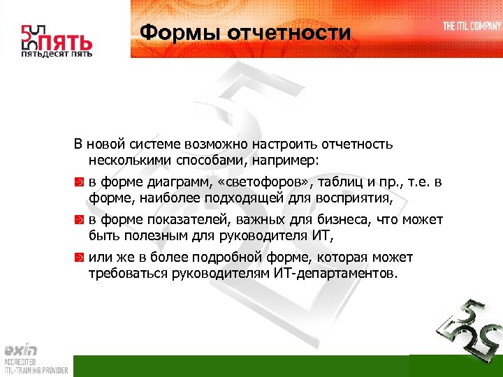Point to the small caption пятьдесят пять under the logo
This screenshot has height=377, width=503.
point(56,54)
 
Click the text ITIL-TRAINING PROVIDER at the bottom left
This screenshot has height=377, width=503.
point(35,371)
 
